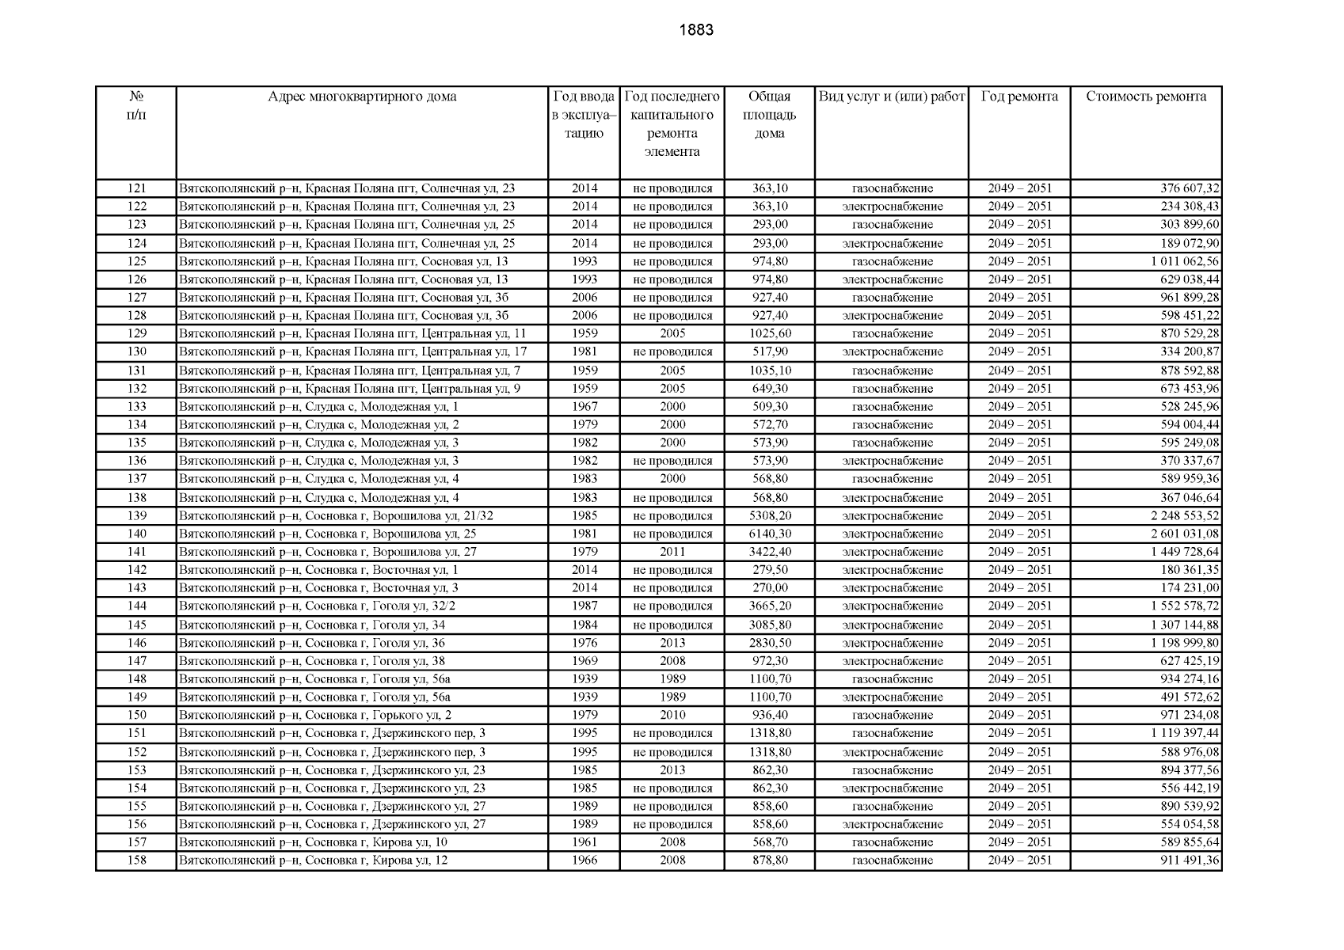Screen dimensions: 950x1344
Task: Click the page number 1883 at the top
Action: tap(696, 30)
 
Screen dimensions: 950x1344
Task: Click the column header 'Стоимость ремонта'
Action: tap(1145, 97)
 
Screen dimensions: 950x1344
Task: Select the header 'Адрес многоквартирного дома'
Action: tap(361, 97)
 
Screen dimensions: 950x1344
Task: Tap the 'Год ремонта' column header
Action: tap(1018, 97)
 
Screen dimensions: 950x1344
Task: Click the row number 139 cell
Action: tap(136, 515)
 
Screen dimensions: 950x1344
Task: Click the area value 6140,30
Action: tap(769, 534)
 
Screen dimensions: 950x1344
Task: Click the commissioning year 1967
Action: tap(584, 406)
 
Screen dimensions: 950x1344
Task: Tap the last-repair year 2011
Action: tap(672, 552)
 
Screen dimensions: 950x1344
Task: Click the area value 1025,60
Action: tap(769, 333)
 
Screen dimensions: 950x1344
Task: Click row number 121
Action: tap(136, 188)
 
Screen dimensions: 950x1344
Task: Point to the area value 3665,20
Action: tap(769, 606)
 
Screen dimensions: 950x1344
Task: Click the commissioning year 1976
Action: tap(584, 643)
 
